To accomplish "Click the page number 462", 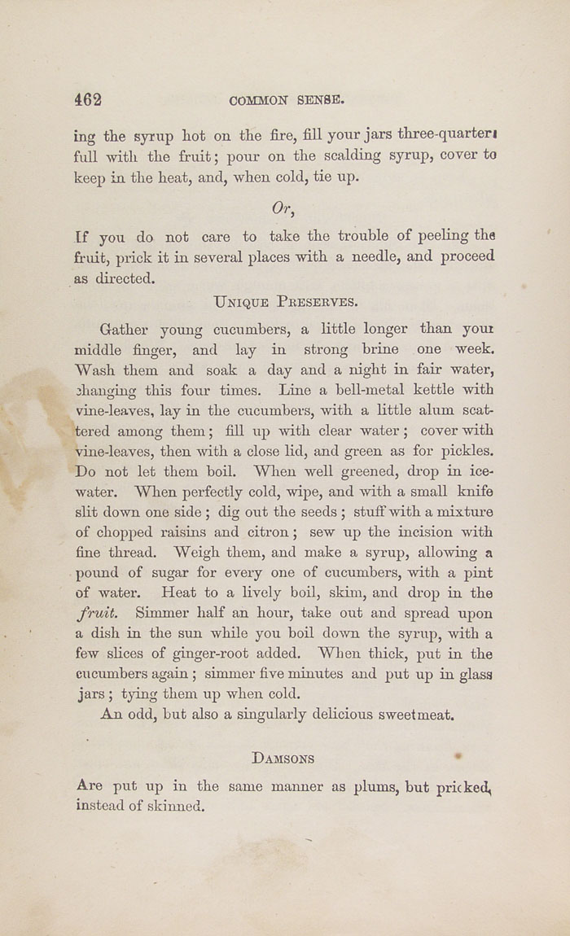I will click(88, 100).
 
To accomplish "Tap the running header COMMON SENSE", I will click(287, 101).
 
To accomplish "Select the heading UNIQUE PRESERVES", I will click(285, 301).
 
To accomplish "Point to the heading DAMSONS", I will click(283, 759).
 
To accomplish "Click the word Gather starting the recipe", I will click(124, 330).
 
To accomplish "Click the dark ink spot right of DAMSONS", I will click(458, 756).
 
